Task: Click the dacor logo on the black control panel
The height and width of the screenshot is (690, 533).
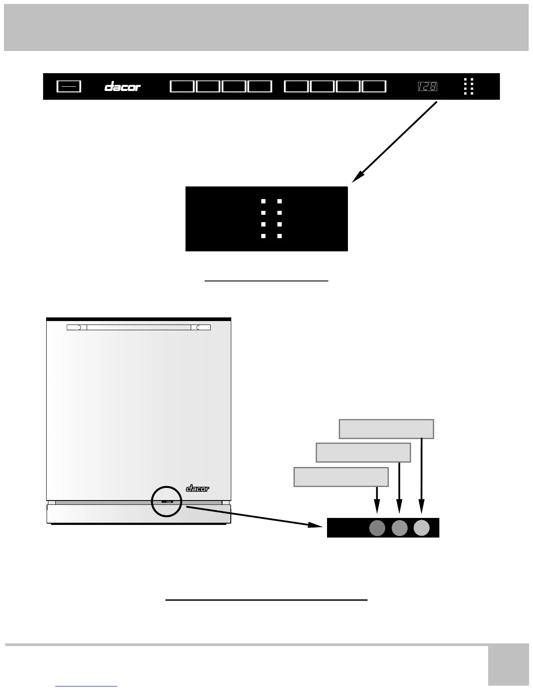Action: point(122,87)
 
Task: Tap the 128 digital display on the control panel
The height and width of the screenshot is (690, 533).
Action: point(427,87)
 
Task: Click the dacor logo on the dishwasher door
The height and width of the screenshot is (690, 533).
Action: point(198,488)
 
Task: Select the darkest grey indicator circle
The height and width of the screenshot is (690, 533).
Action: point(377,528)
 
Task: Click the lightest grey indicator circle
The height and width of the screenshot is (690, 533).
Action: point(422,528)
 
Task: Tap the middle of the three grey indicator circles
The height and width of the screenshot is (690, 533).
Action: point(399,528)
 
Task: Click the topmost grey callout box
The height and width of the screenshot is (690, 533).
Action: point(386,429)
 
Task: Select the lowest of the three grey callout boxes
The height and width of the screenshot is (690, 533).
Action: point(341,477)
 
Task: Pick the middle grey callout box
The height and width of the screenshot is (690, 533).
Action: point(363,453)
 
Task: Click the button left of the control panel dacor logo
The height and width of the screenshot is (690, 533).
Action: point(69,87)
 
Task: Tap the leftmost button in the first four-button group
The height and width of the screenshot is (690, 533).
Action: point(182,86)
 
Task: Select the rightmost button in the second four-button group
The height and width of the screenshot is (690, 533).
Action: point(374,86)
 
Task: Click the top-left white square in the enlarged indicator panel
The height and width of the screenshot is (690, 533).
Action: point(263,201)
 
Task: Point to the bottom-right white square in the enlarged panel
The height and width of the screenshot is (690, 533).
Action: point(280,236)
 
